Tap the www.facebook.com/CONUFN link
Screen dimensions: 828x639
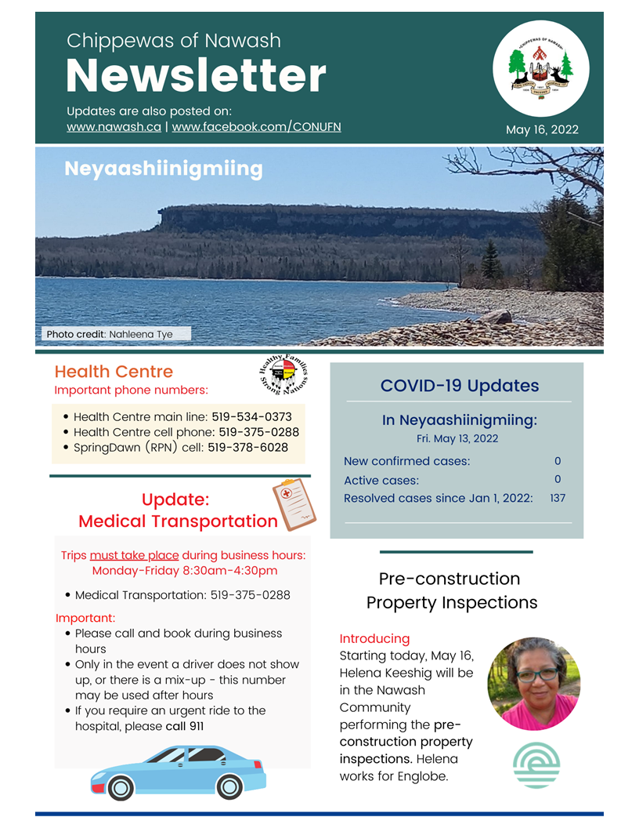tap(256, 126)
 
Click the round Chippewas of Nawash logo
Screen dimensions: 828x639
tap(540, 69)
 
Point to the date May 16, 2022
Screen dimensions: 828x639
tap(542, 129)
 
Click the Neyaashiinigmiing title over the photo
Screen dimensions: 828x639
tap(163, 169)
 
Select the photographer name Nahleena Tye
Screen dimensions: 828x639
tap(141, 334)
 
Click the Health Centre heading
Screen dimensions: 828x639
tap(114, 372)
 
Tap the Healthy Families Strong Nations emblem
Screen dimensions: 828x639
tap(283, 374)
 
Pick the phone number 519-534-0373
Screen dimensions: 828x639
tap(251, 417)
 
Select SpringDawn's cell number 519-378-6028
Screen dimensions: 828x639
tap(247, 448)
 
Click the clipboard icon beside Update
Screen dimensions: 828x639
tap(294, 504)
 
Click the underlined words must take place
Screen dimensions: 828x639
tap(134, 555)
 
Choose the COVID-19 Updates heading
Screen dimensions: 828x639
tap(459, 386)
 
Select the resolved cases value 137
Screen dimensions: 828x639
tap(558, 498)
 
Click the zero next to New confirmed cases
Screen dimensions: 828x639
tap(558, 461)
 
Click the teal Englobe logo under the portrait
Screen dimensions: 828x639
tap(536, 766)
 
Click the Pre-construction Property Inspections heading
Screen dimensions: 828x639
tap(452, 590)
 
